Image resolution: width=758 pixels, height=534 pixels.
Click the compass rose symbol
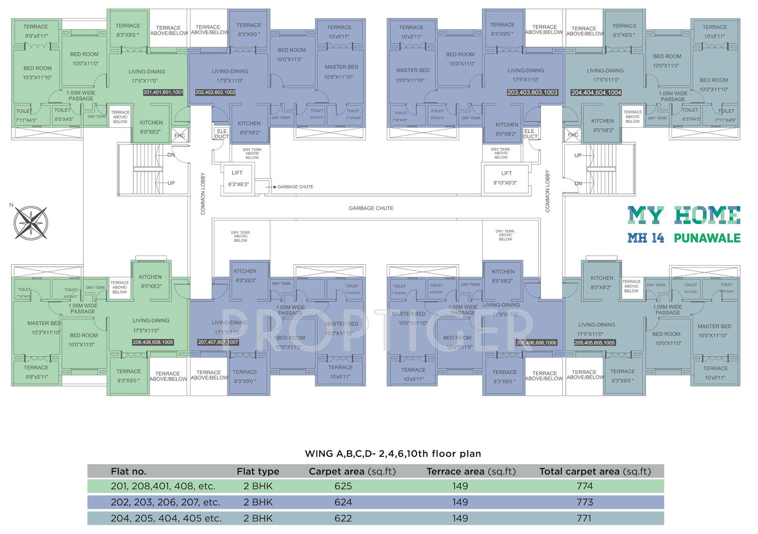(x=31, y=222)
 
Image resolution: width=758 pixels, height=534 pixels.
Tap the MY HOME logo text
(x=683, y=215)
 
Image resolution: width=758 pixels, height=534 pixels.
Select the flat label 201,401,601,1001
(x=163, y=93)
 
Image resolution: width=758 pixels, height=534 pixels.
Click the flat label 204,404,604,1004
(x=596, y=93)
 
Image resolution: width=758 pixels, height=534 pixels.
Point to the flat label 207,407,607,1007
(x=218, y=342)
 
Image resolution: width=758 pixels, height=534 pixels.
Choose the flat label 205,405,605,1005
(x=595, y=343)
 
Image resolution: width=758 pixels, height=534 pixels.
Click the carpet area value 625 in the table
(x=343, y=486)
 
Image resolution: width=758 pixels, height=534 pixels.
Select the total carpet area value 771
(x=584, y=518)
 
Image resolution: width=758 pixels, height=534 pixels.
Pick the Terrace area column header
(x=471, y=471)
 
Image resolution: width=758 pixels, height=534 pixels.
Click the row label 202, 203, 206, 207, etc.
(x=165, y=502)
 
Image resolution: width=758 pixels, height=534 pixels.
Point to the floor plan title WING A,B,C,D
(x=393, y=453)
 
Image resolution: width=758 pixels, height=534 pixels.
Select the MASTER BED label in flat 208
(x=44, y=323)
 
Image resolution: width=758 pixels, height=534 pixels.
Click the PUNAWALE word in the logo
(x=707, y=238)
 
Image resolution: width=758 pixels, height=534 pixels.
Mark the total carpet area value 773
(x=585, y=502)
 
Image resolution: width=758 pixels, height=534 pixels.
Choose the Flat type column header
(x=258, y=471)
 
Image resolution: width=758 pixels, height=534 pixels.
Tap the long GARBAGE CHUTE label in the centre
(x=371, y=208)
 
